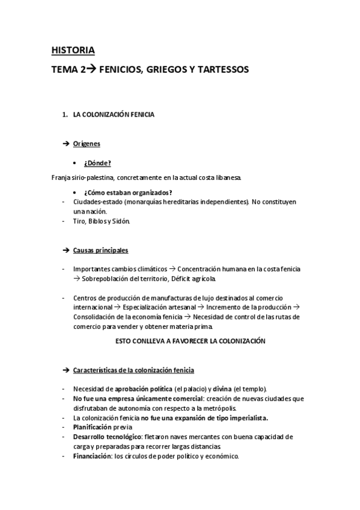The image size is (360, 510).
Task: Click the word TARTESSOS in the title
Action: click(x=219, y=70)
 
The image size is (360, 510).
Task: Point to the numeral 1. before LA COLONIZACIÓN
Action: click(x=65, y=115)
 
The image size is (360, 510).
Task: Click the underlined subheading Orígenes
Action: click(x=87, y=144)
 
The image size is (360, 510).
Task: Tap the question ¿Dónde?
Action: click(x=97, y=162)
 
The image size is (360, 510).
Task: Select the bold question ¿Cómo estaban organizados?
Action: click(x=128, y=192)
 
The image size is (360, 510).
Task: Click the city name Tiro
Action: click(x=79, y=221)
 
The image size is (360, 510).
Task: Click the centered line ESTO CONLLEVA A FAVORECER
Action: click(x=190, y=340)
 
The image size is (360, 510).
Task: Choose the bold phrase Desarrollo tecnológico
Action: click(x=108, y=436)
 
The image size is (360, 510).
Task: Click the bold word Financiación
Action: click(x=92, y=456)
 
